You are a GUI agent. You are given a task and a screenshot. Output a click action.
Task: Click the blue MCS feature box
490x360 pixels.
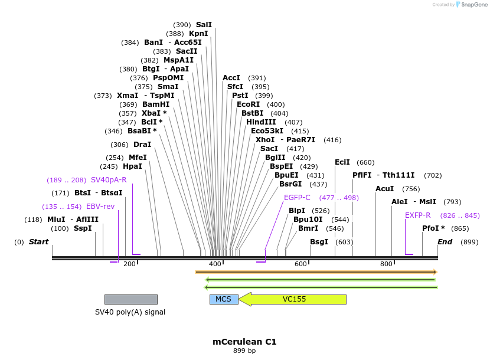[224, 299]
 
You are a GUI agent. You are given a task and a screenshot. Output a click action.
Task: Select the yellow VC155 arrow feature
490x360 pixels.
[294, 299]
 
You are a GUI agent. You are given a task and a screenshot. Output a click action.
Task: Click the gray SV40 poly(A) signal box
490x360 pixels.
[130, 299]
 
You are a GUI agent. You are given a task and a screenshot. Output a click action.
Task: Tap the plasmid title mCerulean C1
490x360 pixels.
[244, 342]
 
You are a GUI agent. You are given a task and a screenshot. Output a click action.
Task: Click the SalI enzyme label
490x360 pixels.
[204, 25]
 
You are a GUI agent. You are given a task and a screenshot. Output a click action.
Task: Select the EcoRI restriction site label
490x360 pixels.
[248, 104]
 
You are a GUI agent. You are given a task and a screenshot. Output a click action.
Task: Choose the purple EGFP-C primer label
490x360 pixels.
[297, 198]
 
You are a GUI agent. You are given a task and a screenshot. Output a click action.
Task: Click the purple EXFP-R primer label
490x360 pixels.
[417, 215]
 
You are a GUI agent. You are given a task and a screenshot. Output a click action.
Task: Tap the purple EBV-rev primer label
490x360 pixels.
[100, 207]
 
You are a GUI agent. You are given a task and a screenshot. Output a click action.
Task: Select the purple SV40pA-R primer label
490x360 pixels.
[109, 180]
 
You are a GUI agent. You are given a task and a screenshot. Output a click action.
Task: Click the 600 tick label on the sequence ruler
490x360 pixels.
[300, 264]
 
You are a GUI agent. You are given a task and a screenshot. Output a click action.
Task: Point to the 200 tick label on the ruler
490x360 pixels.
[129, 264]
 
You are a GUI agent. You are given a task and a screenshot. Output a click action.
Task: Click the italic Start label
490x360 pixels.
[38, 242]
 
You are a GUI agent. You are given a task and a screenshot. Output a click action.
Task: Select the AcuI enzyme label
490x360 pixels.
[384, 189]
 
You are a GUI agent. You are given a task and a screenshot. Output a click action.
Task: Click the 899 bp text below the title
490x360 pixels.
[244, 351]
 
